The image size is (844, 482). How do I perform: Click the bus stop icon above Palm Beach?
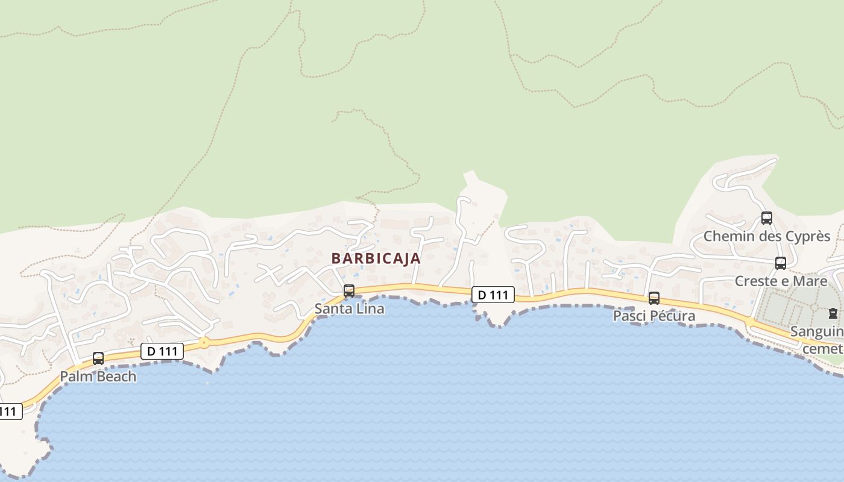pyautogui.click(x=98, y=358)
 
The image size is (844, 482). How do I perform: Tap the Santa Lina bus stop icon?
pyautogui.click(x=349, y=291)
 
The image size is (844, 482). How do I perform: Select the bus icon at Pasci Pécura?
pyautogui.click(x=654, y=298)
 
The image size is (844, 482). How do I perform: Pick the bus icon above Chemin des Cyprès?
pyautogui.click(x=767, y=218)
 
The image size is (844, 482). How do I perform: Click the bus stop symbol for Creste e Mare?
pyautogui.click(x=781, y=263)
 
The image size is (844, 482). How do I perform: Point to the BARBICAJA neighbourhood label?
pyautogui.click(x=376, y=258)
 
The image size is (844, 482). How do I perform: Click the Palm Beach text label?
pyautogui.click(x=98, y=377)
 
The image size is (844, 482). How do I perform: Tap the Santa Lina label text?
pyautogui.click(x=349, y=309)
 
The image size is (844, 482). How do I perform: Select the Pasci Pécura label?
pyautogui.click(x=654, y=316)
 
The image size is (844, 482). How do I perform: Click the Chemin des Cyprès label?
pyautogui.click(x=767, y=236)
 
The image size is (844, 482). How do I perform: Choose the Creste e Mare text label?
pyautogui.click(x=781, y=281)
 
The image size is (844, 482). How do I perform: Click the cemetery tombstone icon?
pyautogui.click(x=833, y=313)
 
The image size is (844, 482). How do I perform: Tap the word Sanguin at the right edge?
pyautogui.click(x=817, y=331)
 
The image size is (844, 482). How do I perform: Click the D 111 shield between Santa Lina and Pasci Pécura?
pyautogui.click(x=493, y=295)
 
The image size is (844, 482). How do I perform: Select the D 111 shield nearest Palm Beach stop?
pyautogui.click(x=162, y=351)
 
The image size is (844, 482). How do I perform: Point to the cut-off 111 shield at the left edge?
pyautogui.click(x=10, y=412)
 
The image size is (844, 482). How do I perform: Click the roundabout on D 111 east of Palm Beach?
pyautogui.click(x=204, y=343)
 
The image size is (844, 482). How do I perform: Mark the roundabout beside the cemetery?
pyautogui.click(x=750, y=322)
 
